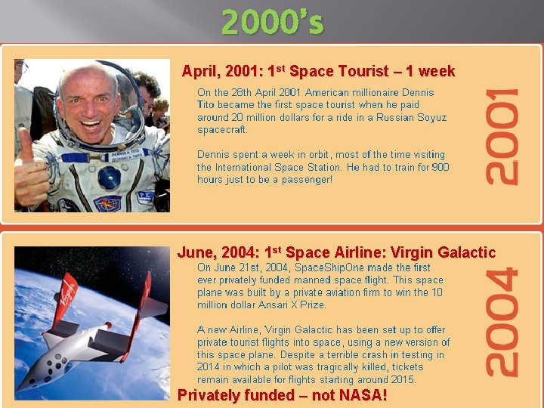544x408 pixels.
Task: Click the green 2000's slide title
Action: (x=272, y=23)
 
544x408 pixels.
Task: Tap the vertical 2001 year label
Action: (x=502, y=136)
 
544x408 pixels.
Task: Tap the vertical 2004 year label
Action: (x=502, y=323)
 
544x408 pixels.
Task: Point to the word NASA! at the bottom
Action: (x=362, y=395)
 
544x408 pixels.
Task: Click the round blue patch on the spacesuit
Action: (x=109, y=178)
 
